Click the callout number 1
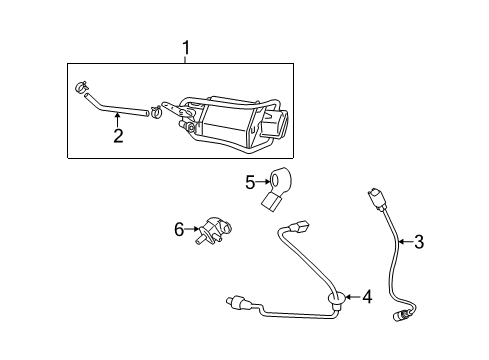point(186,48)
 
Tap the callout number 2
point(118,136)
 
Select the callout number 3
point(419,242)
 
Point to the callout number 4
point(367,296)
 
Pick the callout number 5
point(250,182)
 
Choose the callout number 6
point(179,229)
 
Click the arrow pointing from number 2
point(117,120)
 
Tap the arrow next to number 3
point(405,241)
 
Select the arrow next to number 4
point(352,296)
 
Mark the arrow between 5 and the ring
point(263,182)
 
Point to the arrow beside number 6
point(192,229)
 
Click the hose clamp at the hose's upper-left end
point(81,87)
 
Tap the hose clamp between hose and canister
point(156,112)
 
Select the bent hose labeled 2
point(113,108)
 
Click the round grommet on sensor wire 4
point(338,298)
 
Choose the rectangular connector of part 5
point(270,203)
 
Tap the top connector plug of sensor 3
point(375,199)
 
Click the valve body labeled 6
point(214,230)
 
